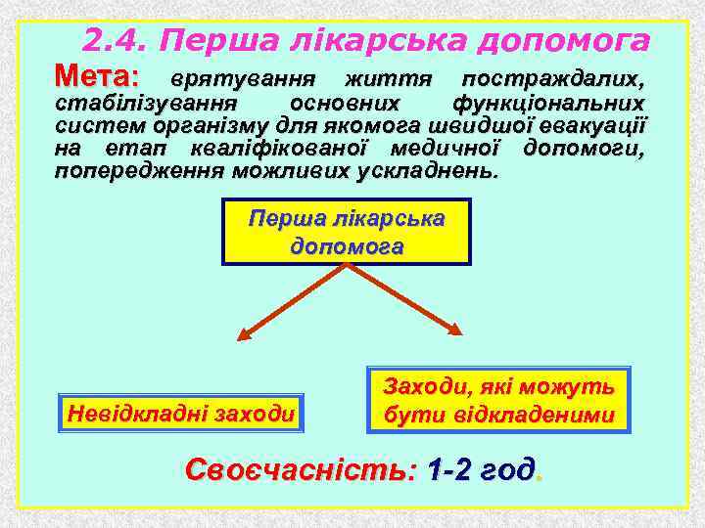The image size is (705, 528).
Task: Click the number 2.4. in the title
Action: tap(117, 40)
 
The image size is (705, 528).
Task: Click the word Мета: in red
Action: tap(98, 75)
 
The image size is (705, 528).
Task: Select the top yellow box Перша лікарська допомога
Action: tap(347, 232)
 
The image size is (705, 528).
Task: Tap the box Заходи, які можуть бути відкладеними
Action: tap(499, 400)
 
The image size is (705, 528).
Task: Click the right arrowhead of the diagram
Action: tap(453, 333)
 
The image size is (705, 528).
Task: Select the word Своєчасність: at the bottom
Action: tap(302, 470)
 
